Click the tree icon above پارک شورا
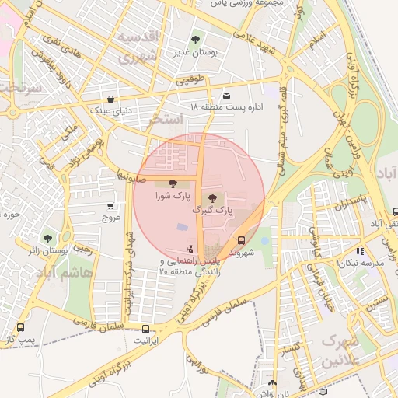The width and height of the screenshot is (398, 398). pos(172,183)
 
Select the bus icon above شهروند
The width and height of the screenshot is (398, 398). pos(241,240)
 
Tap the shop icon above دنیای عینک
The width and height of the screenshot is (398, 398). pos(112,99)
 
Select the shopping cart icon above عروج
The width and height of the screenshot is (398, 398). pos(110,206)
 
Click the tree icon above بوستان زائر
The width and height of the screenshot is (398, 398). pos(48,239)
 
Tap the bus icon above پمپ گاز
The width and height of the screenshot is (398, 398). pos(19,327)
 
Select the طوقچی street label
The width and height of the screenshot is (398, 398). pos(190,79)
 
